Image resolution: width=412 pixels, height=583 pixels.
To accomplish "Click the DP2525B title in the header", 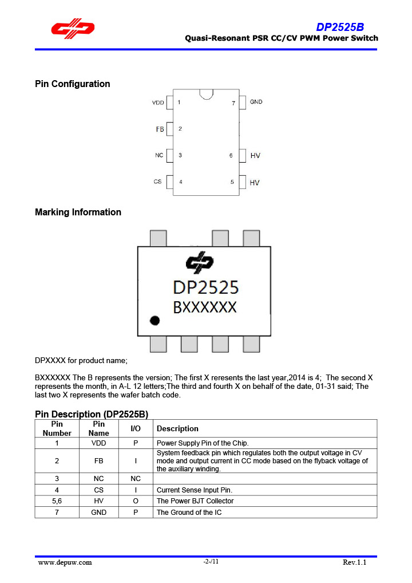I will pos(340,27).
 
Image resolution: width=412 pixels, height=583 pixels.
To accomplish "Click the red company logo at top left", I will pos(73,29).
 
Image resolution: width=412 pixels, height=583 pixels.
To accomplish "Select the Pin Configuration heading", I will pos(73,84).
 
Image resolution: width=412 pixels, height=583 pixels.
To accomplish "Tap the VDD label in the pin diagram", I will pos(158,103).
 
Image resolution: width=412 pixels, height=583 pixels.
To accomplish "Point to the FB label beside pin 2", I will pos(160,129).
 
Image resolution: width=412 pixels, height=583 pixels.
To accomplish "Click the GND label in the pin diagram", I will pos(256,102).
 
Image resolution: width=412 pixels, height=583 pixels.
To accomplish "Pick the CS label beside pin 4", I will pos(157,182).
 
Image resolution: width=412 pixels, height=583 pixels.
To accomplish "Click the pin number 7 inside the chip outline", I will pos(233,103).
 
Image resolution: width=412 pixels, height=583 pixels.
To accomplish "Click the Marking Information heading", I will pos(78,212).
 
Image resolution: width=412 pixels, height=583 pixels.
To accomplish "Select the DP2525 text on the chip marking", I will pos(205,286).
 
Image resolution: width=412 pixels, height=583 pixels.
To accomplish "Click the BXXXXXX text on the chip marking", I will pos(205,308).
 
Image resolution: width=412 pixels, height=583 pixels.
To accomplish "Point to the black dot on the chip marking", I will pos(154,320).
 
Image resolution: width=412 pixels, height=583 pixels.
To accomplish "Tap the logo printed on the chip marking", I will pos(200,262).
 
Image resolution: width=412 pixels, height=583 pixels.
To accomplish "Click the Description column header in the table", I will pos(177,428).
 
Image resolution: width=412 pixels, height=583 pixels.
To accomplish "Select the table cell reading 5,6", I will pos(57,501).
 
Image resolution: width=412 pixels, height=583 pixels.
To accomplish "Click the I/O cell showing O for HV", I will pos(135,501).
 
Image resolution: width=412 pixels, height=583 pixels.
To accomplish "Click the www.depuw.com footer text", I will pos(65,562).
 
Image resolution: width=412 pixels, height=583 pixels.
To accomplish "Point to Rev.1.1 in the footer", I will pos(354,562).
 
